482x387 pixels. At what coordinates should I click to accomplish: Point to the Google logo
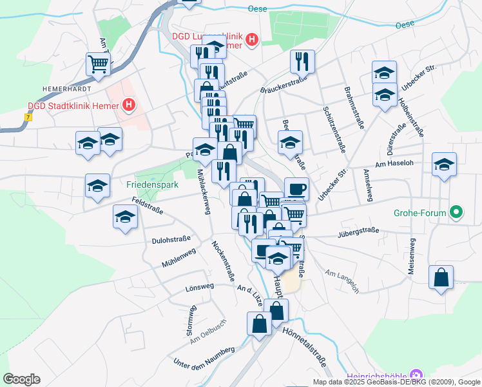(x=21, y=379)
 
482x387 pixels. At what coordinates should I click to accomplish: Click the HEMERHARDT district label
(x=66, y=88)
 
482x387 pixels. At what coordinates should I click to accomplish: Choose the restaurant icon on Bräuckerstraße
(x=302, y=61)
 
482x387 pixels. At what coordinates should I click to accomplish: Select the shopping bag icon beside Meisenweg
(x=441, y=277)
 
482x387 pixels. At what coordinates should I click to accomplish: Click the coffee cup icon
(x=296, y=189)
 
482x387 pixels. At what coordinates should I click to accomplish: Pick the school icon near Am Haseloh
(x=444, y=164)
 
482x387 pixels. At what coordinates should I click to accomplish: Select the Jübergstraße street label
(x=358, y=232)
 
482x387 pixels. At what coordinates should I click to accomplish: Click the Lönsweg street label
(x=199, y=286)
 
